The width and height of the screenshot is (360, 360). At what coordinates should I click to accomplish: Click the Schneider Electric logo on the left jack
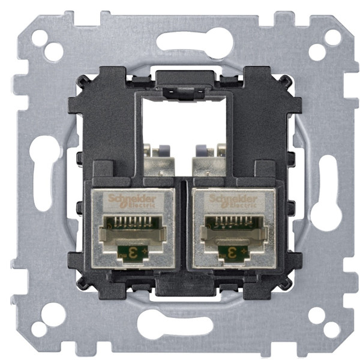[x=131, y=201]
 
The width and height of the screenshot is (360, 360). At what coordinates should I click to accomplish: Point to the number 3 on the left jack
[x=128, y=250]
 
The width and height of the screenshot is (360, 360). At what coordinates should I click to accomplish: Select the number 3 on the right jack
[x=230, y=250]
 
